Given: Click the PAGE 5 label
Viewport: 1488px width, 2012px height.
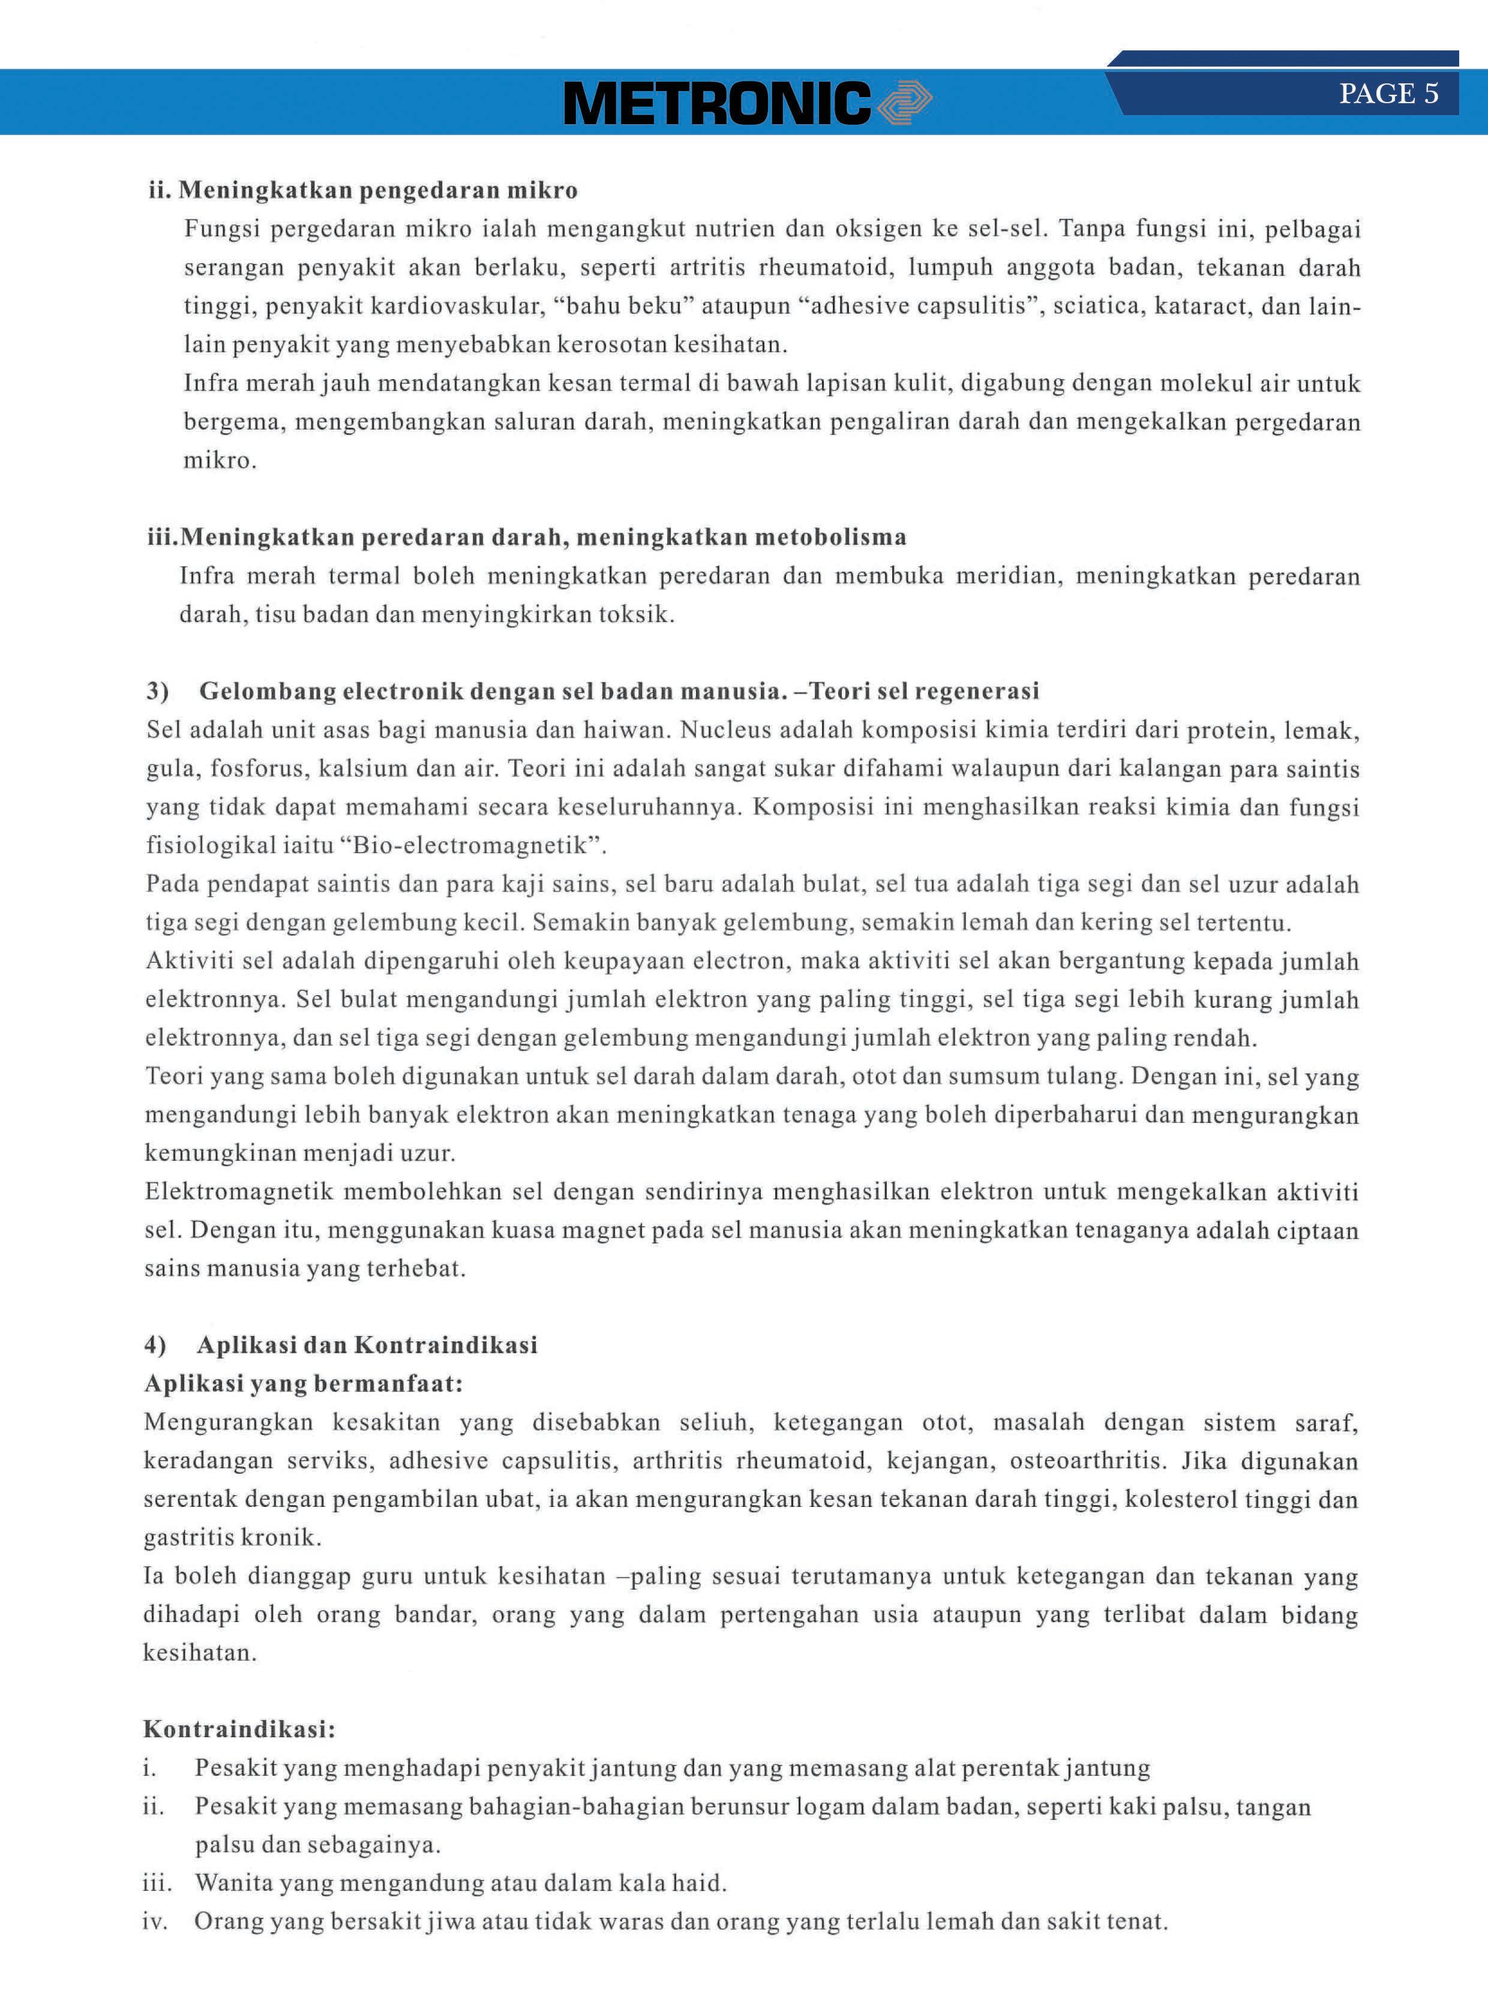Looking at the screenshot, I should [1388, 94].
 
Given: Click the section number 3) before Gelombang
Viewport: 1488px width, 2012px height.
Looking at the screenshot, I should [158, 691].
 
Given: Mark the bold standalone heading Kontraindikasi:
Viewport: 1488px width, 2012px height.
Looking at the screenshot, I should [239, 1729].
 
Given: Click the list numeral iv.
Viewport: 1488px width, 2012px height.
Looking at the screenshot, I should [154, 1921].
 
